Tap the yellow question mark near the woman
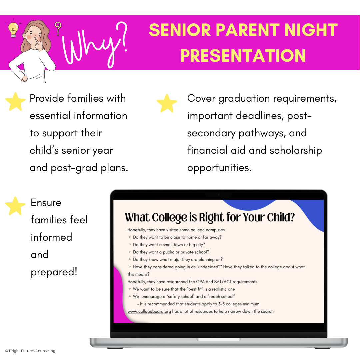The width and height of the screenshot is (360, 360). coord(58,28)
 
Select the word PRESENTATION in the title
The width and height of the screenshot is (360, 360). coord(243,55)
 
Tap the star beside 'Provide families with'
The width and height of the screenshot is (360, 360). coord(15,101)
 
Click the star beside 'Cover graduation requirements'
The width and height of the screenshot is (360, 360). coord(167,103)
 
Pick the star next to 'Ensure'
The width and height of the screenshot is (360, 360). coord(15,206)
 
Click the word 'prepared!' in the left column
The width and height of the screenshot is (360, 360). coord(54,272)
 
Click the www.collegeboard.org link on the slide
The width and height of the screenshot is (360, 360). coord(149,311)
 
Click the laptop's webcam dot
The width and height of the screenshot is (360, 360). coord(219,194)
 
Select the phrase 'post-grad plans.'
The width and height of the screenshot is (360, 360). coord(89,168)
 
